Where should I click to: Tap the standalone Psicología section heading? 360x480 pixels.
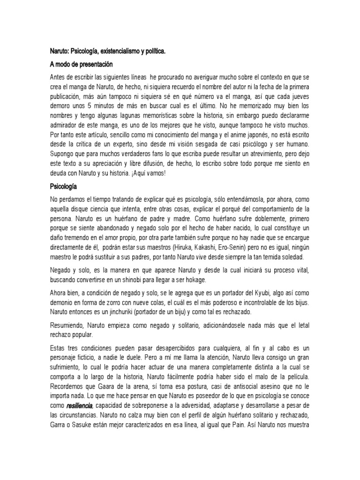click(65, 187)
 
